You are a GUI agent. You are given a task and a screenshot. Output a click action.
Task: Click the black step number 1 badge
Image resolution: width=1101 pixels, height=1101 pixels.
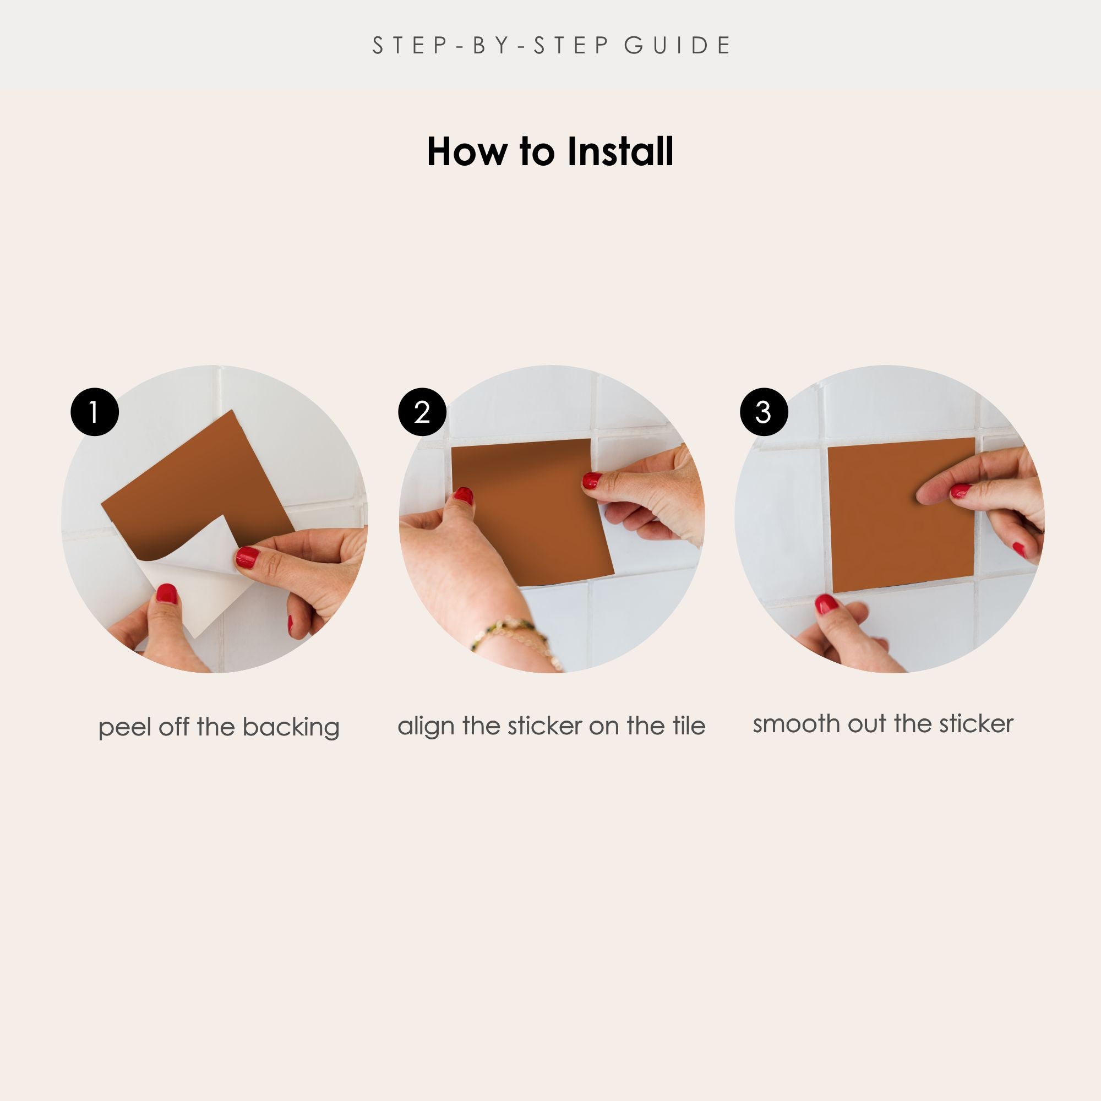tap(95, 412)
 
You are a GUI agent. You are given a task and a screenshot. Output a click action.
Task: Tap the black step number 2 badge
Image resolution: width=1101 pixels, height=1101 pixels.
tap(422, 412)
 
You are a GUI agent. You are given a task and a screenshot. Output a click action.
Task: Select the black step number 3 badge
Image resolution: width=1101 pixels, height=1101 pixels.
tap(764, 412)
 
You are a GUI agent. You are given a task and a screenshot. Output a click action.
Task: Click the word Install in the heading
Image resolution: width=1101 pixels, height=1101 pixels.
tap(620, 151)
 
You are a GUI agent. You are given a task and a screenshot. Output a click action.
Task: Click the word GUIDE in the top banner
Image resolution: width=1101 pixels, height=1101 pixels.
tap(677, 46)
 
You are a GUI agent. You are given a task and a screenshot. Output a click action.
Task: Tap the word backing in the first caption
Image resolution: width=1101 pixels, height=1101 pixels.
tap(291, 728)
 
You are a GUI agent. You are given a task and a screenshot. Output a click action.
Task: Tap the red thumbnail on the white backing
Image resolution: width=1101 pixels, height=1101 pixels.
tap(167, 593)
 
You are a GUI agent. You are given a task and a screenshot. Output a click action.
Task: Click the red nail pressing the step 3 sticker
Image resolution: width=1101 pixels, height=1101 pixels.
tap(961, 490)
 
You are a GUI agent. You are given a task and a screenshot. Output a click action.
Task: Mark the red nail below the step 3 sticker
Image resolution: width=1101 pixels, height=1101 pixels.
tap(826, 603)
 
